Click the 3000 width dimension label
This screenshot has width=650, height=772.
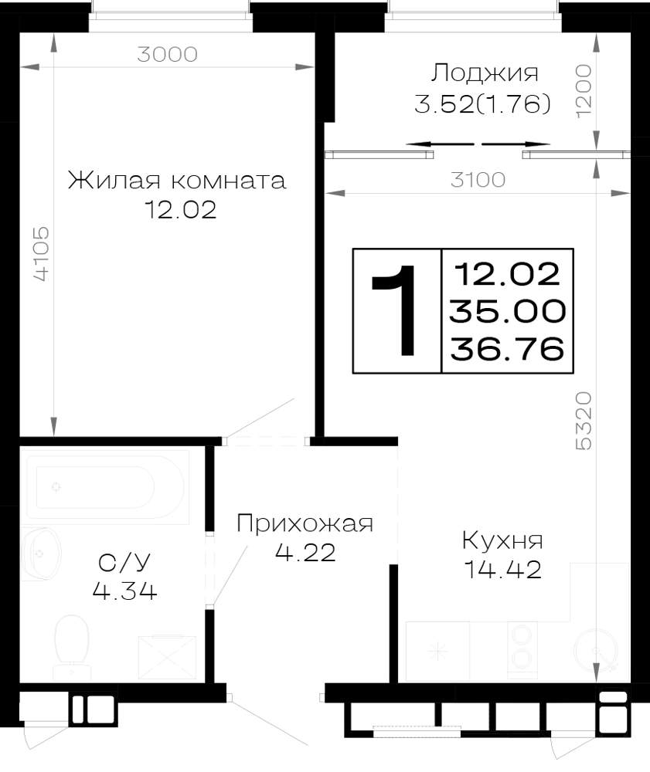[167, 54]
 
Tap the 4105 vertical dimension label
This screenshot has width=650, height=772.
[42, 253]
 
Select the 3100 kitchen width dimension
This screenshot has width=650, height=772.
[478, 180]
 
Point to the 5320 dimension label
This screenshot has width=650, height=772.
[584, 421]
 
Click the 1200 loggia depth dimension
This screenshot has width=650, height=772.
[584, 90]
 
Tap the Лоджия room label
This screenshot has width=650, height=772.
[485, 74]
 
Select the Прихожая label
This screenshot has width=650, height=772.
[305, 523]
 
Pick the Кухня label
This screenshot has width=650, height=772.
[502, 540]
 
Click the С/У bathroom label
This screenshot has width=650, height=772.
[124, 562]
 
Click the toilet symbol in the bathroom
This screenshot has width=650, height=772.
[71, 647]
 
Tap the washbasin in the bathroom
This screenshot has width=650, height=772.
[43, 554]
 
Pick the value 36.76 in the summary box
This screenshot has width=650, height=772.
[507, 349]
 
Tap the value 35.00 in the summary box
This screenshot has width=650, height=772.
[507, 311]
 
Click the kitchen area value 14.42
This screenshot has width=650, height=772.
[502, 571]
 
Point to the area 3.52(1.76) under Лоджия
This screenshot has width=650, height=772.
[482, 104]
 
